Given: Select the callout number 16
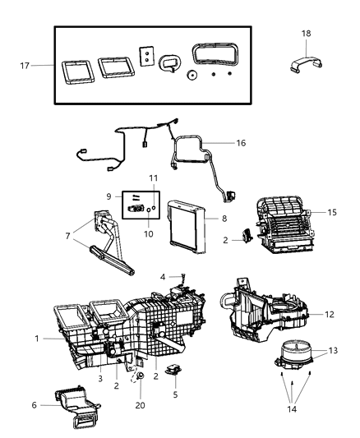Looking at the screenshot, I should point(240,142).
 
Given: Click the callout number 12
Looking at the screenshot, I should point(329,314).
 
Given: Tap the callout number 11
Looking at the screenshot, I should point(153,178).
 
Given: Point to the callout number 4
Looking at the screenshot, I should point(164,276).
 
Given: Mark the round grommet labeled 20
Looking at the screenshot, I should point(141,376).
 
